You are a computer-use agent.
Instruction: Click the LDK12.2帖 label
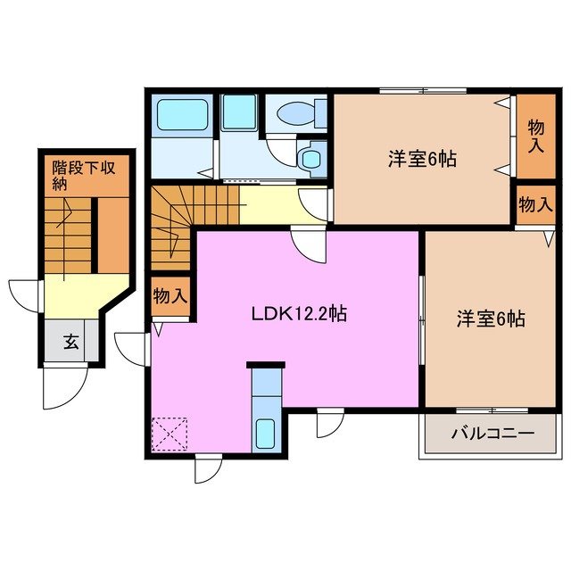pos(298,313)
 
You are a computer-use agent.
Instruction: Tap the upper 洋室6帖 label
pos(422,159)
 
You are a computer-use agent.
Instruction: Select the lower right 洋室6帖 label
pos(491,319)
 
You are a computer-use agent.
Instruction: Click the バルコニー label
pos(492,434)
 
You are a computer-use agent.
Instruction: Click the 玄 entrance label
pos(69,340)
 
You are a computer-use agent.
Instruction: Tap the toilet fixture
pos(295,114)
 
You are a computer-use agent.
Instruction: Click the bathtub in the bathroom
pos(183,116)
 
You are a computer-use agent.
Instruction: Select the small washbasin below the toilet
pos(310,159)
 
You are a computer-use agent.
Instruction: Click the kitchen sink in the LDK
pos(267,433)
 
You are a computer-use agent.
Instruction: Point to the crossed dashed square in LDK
pos(171,435)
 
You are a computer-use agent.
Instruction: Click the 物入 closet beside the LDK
pos(170,295)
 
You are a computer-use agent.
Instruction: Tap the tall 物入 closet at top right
pos(535,134)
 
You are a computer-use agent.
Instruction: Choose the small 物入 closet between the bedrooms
pos(535,205)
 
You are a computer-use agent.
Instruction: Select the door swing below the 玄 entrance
pos(64,384)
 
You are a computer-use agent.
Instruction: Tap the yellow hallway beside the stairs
pos(268,203)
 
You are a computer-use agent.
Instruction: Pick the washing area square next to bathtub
pos(239,113)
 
